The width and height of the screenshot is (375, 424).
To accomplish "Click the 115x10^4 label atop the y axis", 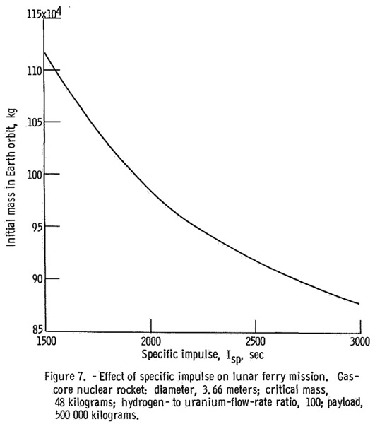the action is (x=44, y=13).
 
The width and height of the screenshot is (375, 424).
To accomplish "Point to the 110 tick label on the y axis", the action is (x=35, y=71).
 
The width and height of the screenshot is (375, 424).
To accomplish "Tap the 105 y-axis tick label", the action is (x=35, y=122).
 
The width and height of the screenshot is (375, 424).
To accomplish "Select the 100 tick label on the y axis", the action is (x=35, y=175).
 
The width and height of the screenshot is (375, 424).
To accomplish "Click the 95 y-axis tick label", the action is (x=37, y=227).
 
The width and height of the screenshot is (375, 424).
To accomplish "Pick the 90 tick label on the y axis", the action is (x=37, y=279).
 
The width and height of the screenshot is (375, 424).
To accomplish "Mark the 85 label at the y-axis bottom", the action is (x=38, y=329).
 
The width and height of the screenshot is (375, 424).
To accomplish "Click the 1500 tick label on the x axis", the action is (x=47, y=341).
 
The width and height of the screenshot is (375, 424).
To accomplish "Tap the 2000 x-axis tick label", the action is (x=150, y=341).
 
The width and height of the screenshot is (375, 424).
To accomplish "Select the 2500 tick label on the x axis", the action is (x=256, y=341).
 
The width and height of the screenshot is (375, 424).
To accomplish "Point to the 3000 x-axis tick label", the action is (x=360, y=342).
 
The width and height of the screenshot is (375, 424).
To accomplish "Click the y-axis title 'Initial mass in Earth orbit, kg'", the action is (x=11, y=177).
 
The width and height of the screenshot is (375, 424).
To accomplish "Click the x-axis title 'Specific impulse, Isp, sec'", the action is (x=203, y=356).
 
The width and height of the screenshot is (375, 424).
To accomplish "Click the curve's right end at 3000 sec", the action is (x=359, y=304).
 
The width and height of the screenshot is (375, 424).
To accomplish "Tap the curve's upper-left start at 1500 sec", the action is (x=44, y=52).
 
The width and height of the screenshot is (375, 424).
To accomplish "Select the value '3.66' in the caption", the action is (x=212, y=390).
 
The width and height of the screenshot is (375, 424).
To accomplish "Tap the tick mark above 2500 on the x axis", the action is (x=256, y=326).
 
